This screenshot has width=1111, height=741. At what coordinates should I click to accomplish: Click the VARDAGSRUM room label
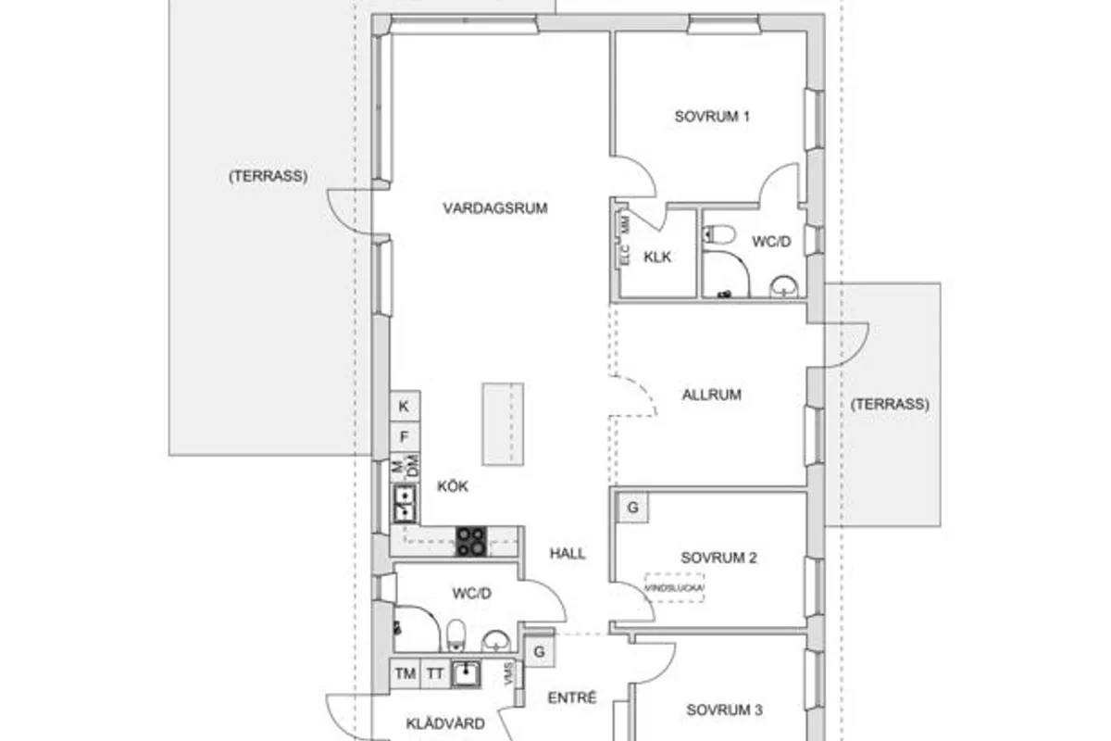(x=494, y=208)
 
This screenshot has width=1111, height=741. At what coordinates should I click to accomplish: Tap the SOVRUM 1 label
(x=711, y=117)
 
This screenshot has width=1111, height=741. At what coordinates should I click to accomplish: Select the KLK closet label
(x=657, y=257)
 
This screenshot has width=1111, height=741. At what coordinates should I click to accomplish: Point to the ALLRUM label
(x=712, y=395)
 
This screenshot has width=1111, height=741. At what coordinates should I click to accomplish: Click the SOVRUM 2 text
(x=719, y=558)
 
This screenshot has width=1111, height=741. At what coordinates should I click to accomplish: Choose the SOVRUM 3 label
(x=724, y=710)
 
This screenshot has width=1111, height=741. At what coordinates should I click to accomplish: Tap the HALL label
(x=568, y=553)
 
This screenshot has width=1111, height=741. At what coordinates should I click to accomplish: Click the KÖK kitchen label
(x=454, y=485)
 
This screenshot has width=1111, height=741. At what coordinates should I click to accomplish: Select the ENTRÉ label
(x=572, y=698)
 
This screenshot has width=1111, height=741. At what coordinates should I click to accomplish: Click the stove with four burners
(x=470, y=541)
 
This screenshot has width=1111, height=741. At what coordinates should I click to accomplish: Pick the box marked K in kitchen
(x=404, y=406)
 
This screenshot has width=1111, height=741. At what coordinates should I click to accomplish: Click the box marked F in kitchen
(x=404, y=436)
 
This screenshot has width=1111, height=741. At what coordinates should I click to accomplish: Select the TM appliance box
(x=405, y=674)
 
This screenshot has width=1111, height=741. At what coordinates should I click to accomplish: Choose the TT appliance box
(x=434, y=674)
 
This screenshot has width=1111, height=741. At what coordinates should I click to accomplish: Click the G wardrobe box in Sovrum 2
(x=633, y=508)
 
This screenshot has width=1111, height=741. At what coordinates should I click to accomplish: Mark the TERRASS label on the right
(x=889, y=404)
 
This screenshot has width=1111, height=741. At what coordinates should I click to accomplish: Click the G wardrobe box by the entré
(x=539, y=651)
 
